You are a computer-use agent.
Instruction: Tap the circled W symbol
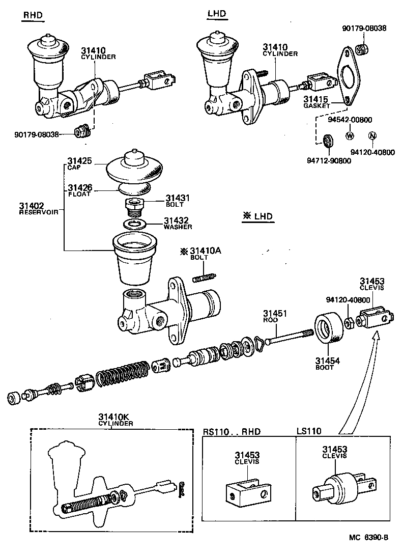pos(350,136)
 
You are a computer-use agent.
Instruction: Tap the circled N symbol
pos(372,136)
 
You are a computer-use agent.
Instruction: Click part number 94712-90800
pos(328,160)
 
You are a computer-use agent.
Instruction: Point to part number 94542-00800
pos(350,120)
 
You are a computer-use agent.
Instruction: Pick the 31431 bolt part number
pos(178,198)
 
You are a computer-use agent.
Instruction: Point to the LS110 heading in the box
pos(309,431)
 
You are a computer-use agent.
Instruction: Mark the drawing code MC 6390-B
pos(369,537)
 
